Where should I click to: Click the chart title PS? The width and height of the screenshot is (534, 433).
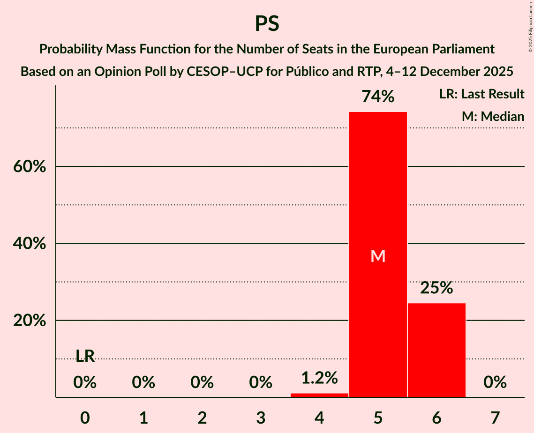point(267,23)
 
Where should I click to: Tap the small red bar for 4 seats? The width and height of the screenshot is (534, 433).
point(319,395)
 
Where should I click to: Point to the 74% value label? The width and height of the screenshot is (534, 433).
point(378,97)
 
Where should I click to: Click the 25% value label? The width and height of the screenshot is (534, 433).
point(436,288)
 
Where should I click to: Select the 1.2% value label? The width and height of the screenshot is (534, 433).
point(319,378)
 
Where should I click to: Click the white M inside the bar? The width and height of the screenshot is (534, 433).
point(378,256)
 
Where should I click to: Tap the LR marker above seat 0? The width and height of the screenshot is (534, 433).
point(85,357)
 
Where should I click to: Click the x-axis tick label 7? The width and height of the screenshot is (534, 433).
point(495,418)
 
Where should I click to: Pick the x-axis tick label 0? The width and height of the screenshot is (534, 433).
point(85,418)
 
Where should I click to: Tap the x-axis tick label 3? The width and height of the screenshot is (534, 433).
point(261,418)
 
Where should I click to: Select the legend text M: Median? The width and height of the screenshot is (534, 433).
point(493,116)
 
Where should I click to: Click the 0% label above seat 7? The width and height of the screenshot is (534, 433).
point(495,383)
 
